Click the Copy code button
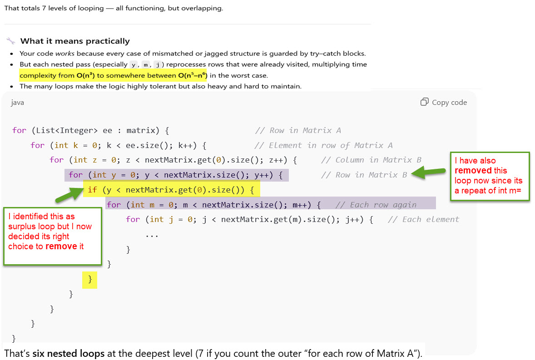pyautogui.click(x=443, y=102)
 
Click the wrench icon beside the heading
pyautogui.click(x=11, y=41)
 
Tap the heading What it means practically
pyautogui.click(x=75, y=41)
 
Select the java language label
pyautogui.click(x=18, y=103)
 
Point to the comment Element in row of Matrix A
pyautogui.click(x=323, y=145)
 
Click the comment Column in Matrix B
pyautogui.click(x=371, y=160)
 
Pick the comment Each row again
pyautogui.click(x=376, y=205)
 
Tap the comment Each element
pyautogui.click(x=424, y=220)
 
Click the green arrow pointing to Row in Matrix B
pyautogui.click(x=428, y=172)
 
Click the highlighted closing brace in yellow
pyautogui.click(x=90, y=280)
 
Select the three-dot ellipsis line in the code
pyautogui.click(x=152, y=235)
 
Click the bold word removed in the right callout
pyautogui.click(x=473, y=170)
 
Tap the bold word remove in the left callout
pyautogui.click(x=61, y=247)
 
